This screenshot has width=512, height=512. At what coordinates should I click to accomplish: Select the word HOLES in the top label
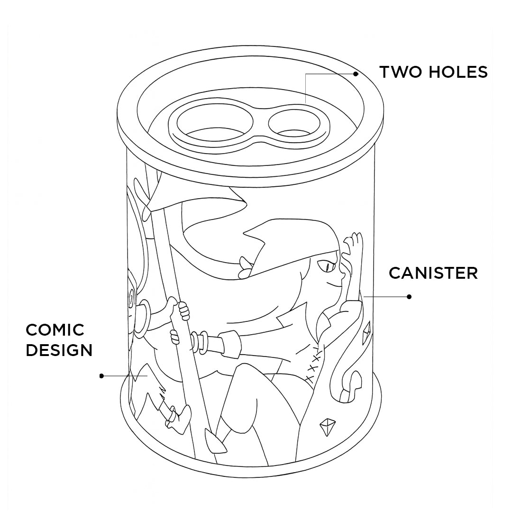(x=458, y=72)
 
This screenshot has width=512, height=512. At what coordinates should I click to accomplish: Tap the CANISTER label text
(x=433, y=273)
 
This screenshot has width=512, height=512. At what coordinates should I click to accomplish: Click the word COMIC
(x=55, y=330)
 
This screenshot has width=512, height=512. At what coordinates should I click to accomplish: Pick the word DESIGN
(x=59, y=350)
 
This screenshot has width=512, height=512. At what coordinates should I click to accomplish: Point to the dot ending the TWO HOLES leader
(x=356, y=74)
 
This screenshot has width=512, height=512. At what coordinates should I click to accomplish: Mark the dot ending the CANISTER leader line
(x=409, y=297)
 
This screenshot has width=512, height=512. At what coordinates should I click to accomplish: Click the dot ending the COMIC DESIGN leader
(x=101, y=376)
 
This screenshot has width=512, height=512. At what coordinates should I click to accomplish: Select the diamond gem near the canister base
(x=327, y=427)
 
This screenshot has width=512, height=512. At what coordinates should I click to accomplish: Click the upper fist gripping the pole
(x=183, y=310)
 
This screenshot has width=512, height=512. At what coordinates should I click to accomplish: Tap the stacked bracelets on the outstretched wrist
(x=199, y=342)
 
